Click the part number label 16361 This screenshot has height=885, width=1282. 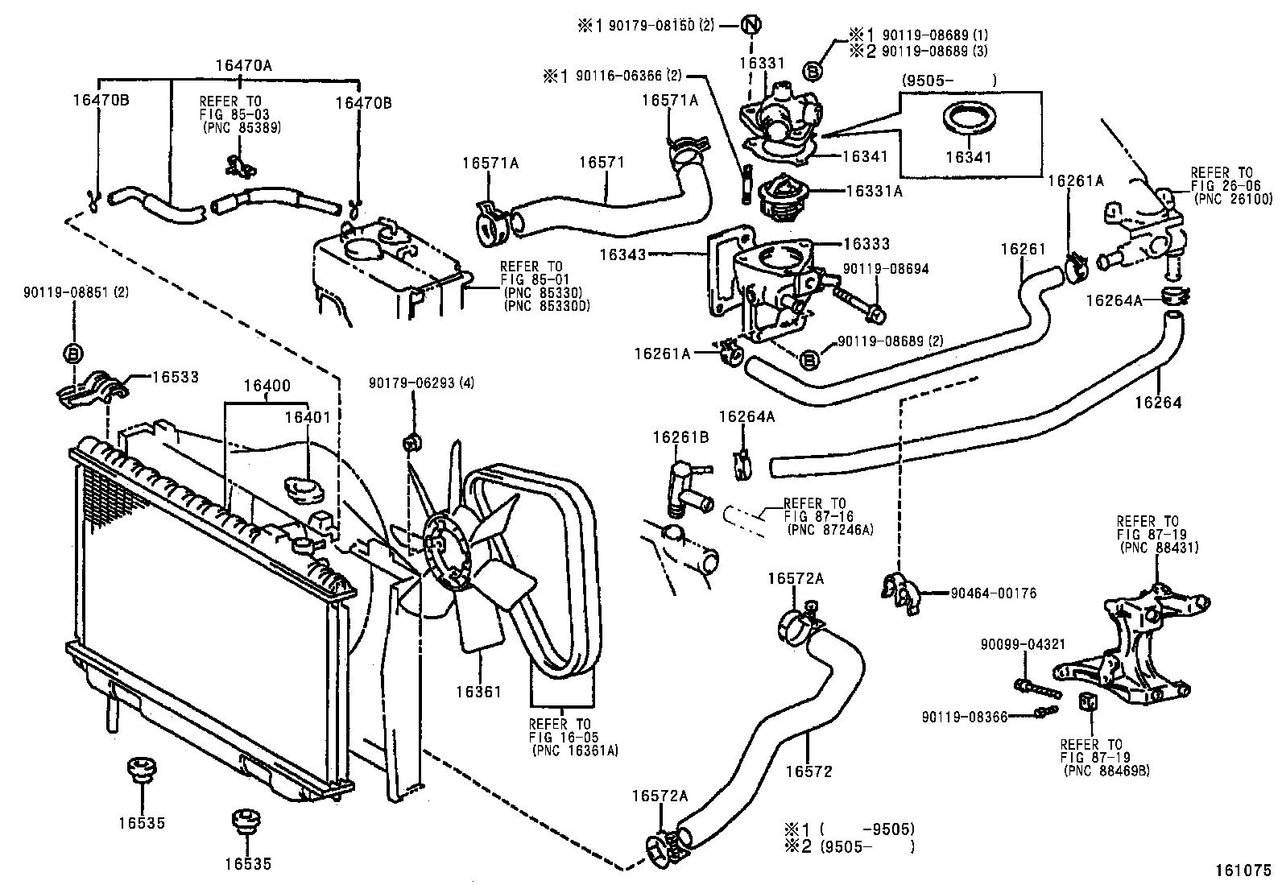coord(478,691)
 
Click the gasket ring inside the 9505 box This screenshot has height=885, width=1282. coord(967,119)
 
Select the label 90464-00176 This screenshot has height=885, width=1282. coord(993,593)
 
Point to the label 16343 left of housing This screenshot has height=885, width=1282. coord(622,254)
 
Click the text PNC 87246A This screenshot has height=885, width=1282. coord(829,529)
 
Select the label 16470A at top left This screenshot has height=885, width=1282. coord(243,66)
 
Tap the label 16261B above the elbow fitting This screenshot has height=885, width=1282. coord(680,437)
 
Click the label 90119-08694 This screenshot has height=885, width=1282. coord(886,269)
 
